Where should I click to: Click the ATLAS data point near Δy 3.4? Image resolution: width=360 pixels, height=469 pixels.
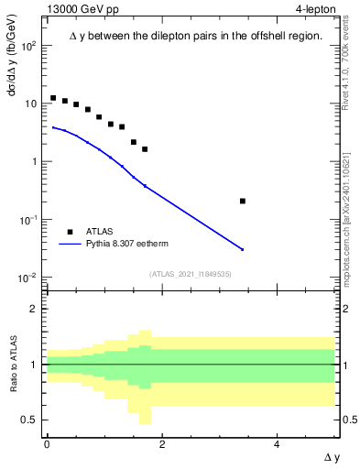(242, 201)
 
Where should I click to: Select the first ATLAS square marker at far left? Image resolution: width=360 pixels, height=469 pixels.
(53, 98)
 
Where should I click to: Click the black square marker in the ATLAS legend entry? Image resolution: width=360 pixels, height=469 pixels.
(70, 232)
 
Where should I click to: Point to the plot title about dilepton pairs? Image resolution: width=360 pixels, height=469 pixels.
(195, 36)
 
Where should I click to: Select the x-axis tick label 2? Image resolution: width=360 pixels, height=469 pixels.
(162, 444)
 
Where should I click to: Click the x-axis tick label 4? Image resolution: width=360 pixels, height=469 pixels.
(277, 444)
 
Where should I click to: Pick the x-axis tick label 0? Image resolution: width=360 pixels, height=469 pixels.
(47, 444)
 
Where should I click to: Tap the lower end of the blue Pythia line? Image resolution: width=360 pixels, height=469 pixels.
(242, 249)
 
